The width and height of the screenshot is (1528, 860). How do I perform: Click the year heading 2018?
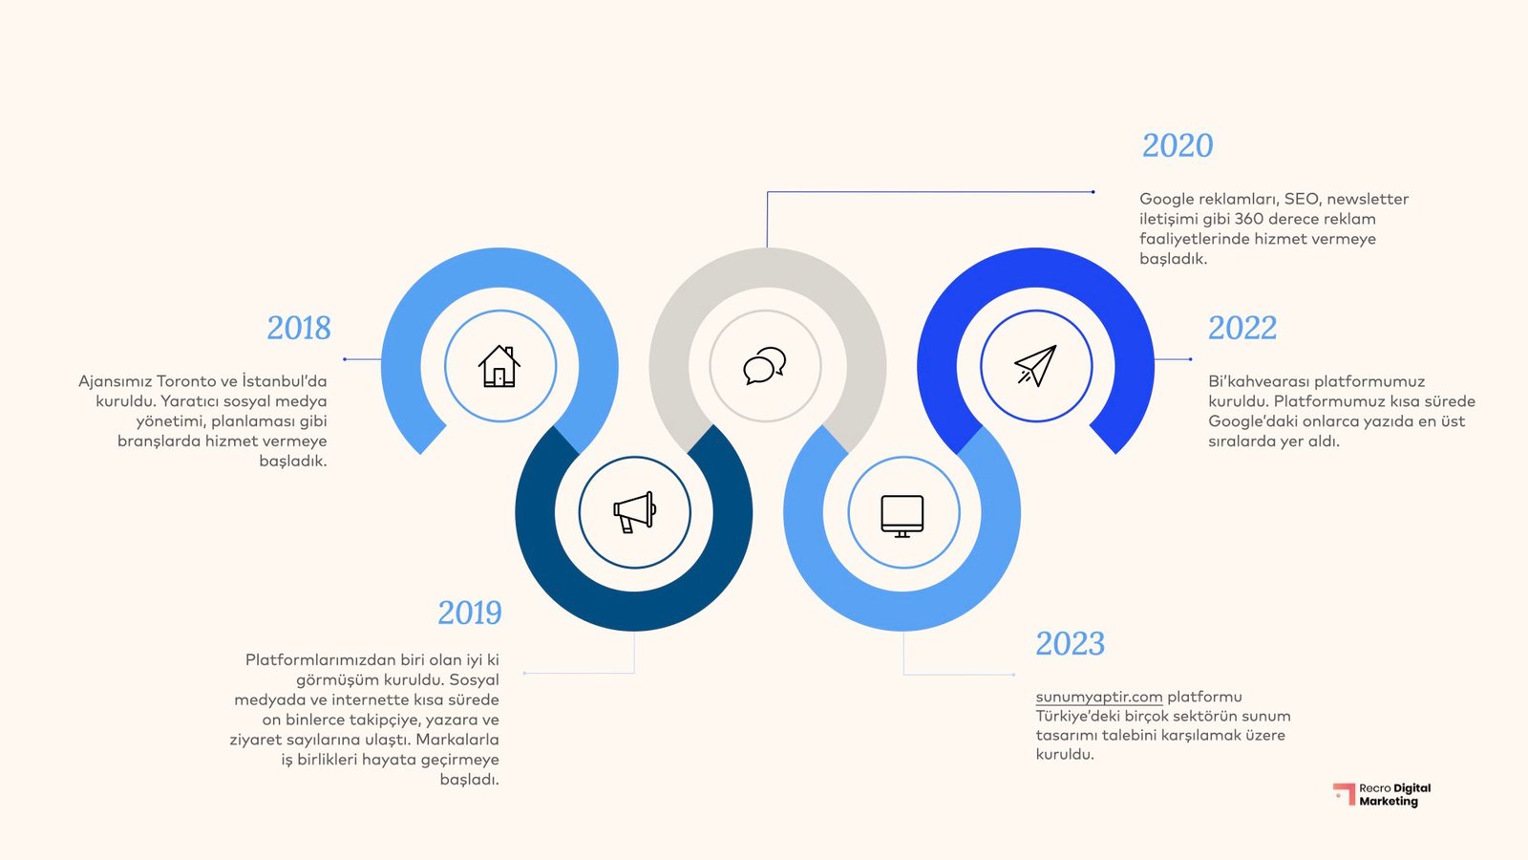[299, 328]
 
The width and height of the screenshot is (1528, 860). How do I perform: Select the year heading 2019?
[469, 613]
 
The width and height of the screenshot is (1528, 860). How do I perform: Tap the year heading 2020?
[1178, 145]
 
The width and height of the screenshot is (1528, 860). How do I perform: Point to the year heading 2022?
[1241, 328]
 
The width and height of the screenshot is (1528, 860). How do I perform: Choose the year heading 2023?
[1070, 643]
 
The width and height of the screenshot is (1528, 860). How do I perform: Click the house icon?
[499, 366]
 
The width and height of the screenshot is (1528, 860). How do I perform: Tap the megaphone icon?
[634, 512]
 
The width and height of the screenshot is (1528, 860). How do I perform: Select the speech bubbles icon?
[765, 365]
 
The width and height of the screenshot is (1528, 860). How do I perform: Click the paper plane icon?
[1035, 365]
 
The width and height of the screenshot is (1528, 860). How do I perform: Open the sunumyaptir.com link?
[1099, 697]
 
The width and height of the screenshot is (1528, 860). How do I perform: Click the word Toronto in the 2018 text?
[186, 381]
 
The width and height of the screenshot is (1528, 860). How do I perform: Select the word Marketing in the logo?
[1389, 802]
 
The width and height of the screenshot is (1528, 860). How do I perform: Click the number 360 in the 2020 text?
[1249, 219]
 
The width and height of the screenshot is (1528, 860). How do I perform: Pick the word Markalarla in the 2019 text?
[457, 740]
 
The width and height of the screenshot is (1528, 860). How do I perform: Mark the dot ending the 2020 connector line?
[1093, 192]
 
